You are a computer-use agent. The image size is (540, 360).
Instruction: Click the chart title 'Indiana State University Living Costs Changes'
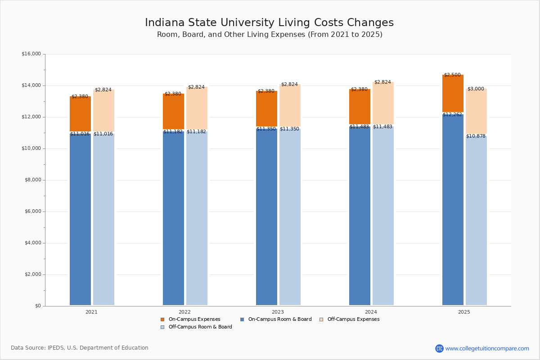pyautogui.click(x=269, y=23)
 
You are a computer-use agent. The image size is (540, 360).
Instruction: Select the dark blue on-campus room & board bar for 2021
pyautogui.click(x=80, y=220)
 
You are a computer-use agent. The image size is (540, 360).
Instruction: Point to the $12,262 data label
pyautogui.click(x=452, y=115)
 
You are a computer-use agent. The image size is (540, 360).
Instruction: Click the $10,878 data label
pyautogui.click(x=476, y=136)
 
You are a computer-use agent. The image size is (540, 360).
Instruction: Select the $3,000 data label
pyautogui.click(x=476, y=89)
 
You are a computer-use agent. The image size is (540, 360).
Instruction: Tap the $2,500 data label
pyautogui.click(x=452, y=75)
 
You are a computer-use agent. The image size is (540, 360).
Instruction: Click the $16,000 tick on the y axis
pyautogui.click(x=31, y=54)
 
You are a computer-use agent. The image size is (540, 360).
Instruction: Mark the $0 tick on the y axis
pyautogui.click(x=37, y=306)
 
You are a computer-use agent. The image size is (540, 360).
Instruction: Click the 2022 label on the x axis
pyautogui.click(x=184, y=312)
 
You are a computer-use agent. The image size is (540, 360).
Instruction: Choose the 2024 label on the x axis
pyautogui.click(x=371, y=312)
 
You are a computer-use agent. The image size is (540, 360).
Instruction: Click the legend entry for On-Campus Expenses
pyautogui.click(x=190, y=319)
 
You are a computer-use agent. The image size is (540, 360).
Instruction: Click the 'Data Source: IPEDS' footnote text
pyautogui.click(x=80, y=348)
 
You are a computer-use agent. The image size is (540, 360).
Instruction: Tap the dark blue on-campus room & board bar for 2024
pyautogui.click(x=360, y=216)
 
